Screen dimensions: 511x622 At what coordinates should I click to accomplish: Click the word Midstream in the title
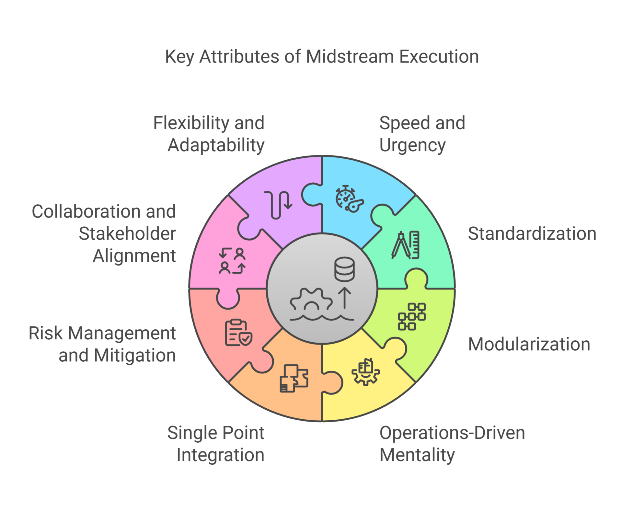pyautogui.click(x=350, y=57)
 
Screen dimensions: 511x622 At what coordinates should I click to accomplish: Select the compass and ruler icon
pyautogui.click(x=406, y=245)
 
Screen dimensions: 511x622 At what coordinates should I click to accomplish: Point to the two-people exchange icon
pyautogui.click(x=232, y=261)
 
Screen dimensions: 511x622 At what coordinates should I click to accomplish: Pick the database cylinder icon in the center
pyautogui.click(x=344, y=269)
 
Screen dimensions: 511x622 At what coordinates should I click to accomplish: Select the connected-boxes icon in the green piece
pyautogui.click(x=412, y=316)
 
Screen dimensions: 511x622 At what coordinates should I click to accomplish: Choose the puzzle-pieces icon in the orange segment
pyautogui.click(x=294, y=378)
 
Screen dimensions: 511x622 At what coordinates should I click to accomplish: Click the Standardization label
pyautogui.click(x=532, y=234)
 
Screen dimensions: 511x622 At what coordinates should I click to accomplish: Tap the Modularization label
pyautogui.click(x=529, y=344)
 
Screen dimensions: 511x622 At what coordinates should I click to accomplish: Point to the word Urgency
pyautogui.click(x=412, y=145)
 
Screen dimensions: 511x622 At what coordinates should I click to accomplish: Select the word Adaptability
pyautogui.click(x=216, y=145)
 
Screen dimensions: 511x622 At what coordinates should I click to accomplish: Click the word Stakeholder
pyautogui.click(x=127, y=234)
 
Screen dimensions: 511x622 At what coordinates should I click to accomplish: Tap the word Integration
pyautogui.click(x=220, y=455)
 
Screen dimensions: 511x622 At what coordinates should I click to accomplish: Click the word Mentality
pyautogui.click(x=417, y=455)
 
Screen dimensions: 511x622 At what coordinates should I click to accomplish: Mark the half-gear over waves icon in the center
pyautogui.click(x=311, y=304)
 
